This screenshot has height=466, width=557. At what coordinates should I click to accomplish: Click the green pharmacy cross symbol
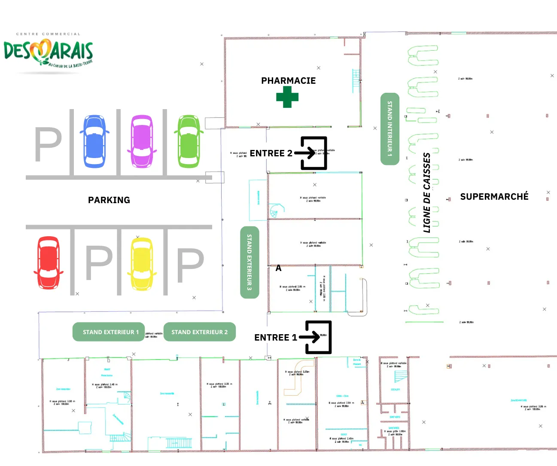point(287,97)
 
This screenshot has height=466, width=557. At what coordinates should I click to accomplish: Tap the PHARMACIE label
point(288,81)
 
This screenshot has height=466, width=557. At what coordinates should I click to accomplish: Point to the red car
point(49,262)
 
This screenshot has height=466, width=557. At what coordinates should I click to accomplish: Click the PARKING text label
point(109,200)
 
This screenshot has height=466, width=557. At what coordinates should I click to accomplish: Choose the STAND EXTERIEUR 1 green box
point(109,332)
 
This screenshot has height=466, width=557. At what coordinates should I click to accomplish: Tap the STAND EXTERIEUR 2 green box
point(200,332)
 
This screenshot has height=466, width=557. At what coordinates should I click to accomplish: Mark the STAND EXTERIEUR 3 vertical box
point(250,262)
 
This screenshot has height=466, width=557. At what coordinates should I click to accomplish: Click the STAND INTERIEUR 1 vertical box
point(390,128)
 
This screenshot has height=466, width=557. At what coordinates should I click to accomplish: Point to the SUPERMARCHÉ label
point(494,197)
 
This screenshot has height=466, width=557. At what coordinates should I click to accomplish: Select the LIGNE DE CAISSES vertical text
point(426,193)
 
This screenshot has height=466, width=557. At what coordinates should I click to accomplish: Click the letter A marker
point(278,268)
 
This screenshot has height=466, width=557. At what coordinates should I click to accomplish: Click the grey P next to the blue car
point(48,144)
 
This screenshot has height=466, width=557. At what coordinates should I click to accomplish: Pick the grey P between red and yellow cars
point(99,262)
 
